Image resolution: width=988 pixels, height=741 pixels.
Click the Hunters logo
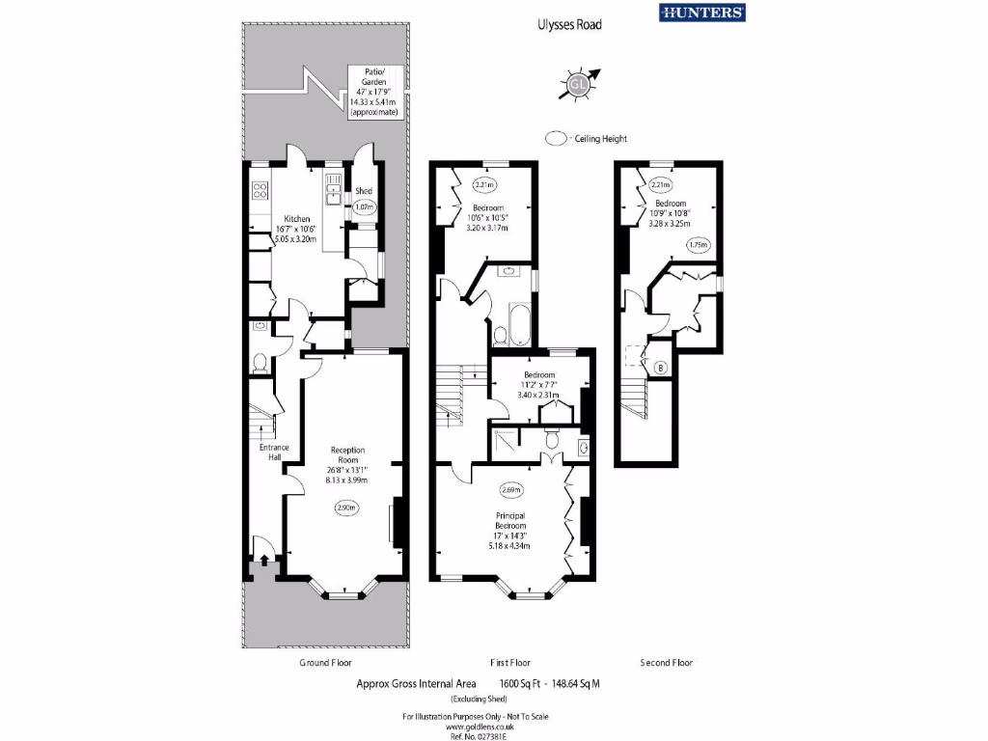point(701,13)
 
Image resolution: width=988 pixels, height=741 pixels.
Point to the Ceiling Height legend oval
point(556,139)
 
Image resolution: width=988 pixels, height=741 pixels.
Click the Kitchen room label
point(289,228)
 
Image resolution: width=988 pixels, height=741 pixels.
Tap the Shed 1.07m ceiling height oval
point(364,206)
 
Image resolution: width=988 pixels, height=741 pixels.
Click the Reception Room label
point(347,464)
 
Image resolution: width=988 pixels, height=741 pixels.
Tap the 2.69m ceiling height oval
point(511,488)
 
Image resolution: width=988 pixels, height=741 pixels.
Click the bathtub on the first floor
point(518,324)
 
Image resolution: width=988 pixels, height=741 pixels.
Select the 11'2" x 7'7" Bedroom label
point(537,384)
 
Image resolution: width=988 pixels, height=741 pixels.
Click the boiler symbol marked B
point(660,368)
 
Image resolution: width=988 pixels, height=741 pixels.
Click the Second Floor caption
point(666,663)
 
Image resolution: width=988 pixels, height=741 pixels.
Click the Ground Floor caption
point(325,663)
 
